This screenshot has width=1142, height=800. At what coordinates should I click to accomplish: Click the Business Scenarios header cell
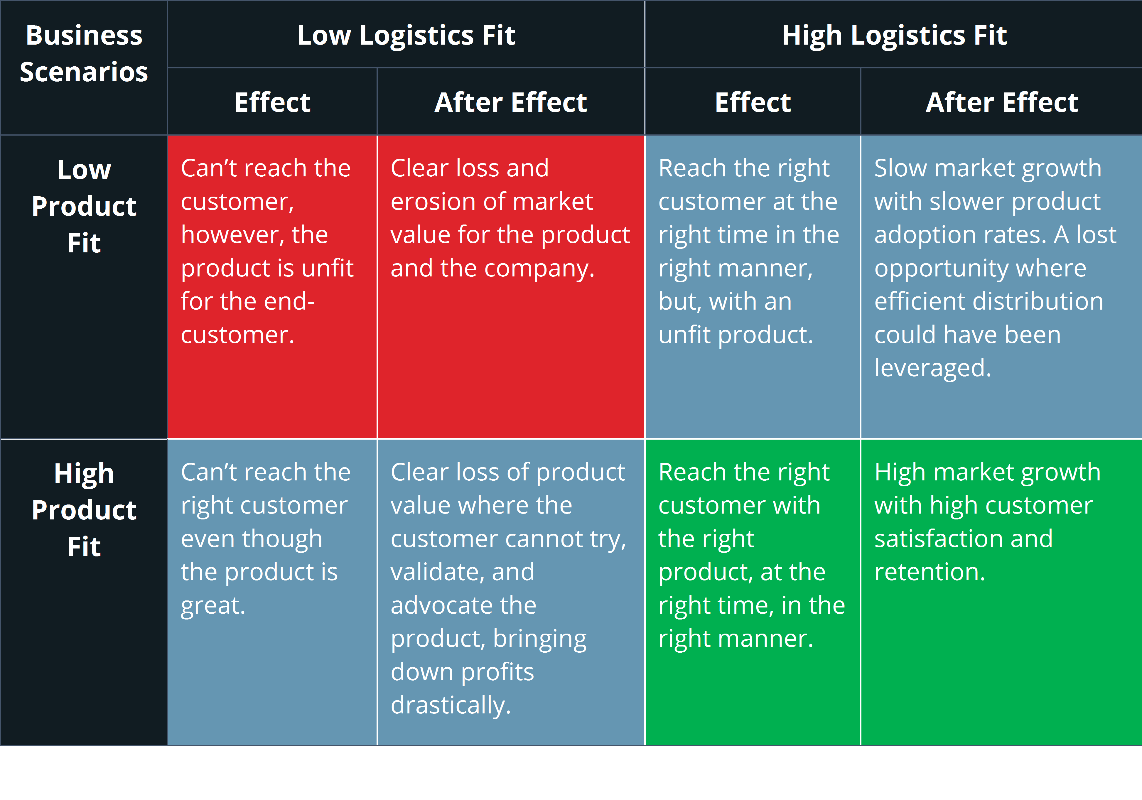coord(84,53)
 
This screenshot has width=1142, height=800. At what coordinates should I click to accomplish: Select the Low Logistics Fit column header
coord(406,35)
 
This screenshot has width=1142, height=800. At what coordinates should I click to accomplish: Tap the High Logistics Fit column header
coord(894,35)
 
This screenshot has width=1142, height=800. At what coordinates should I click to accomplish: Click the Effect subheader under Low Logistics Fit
coord(272,102)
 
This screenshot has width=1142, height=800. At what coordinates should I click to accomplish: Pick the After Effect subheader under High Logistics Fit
coord(1001,102)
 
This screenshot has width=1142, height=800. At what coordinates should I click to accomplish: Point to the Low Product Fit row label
coord(84,206)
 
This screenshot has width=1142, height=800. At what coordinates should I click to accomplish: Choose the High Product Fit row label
coord(84,510)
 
